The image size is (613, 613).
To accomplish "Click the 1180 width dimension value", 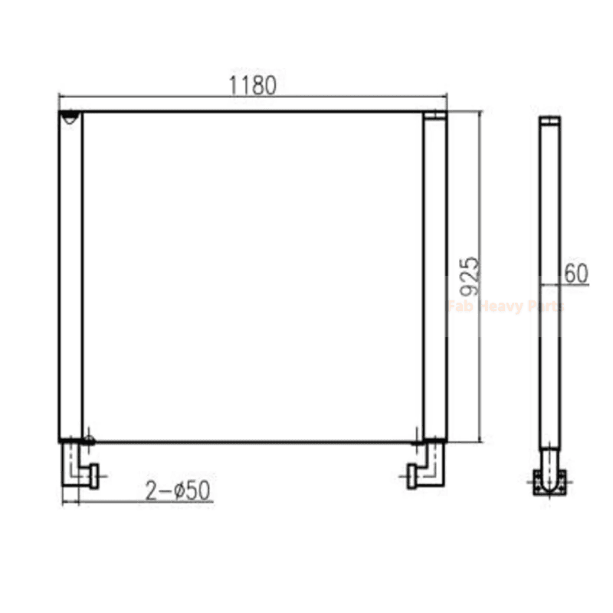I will click(253, 85).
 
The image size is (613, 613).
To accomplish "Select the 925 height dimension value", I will click(470, 276).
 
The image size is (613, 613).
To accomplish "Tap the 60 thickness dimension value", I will click(576, 273).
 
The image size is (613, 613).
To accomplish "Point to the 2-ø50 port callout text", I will click(178, 491).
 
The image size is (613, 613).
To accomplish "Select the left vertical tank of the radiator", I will click(70, 276).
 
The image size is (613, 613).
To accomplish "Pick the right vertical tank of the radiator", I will click(434, 276).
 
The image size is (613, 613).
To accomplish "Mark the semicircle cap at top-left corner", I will click(70, 117).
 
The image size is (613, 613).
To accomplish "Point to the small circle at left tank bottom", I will click(90, 440).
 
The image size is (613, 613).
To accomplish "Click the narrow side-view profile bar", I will click(549, 284).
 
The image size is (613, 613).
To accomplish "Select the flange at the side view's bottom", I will click(549, 482).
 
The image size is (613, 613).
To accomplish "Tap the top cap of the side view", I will click(549, 120).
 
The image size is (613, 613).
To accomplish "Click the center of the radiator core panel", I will click(253, 276).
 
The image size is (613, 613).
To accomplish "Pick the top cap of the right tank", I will click(434, 116).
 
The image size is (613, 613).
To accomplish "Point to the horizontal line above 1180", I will click(253, 97).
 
